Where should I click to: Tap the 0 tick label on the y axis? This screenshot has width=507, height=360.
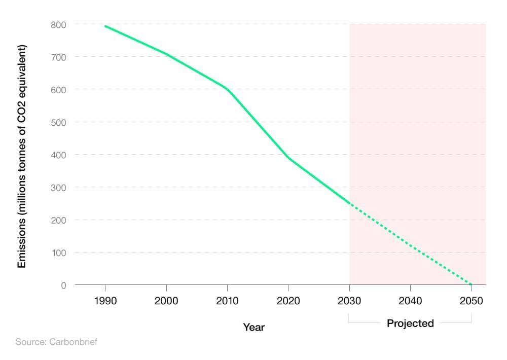[x=63, y=285]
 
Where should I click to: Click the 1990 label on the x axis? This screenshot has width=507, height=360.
[x=105, y=301]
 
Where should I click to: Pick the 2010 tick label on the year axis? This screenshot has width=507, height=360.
[x=227, y=301]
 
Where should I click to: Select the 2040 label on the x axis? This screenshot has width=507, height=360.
[x=410, y=301]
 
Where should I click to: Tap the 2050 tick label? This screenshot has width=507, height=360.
[x=472, y=301]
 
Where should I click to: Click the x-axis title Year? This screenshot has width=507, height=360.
[x=253, y=327]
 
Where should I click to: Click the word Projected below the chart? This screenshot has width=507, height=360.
[x=410, y=323]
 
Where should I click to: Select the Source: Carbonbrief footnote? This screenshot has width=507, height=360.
[x=56, y=342]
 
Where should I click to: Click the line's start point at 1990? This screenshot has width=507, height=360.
[x=105, y=26]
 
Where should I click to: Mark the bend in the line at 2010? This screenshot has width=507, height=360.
[x=227, y=89]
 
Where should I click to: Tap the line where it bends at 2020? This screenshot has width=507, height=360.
[x=288, y=158]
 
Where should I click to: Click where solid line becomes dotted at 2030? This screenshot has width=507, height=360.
[x=349, y=204]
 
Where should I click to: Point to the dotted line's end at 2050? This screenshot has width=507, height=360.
[x=472, y=284]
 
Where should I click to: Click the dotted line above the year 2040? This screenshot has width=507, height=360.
[x=410, y=244]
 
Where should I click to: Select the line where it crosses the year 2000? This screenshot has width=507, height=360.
[x=166, y=54]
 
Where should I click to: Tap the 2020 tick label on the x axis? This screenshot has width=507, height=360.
[x=288, y=301]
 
